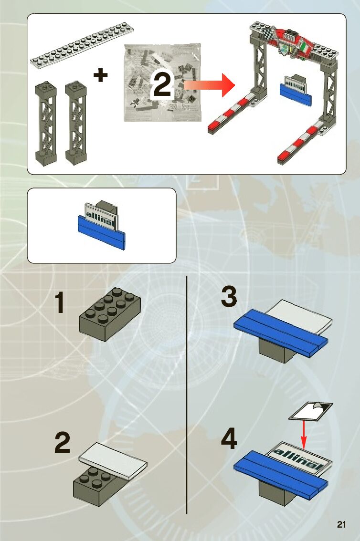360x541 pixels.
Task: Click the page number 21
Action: pos(340,524)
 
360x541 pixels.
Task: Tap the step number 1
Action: pos(59,303)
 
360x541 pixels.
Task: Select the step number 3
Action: pos(229,297)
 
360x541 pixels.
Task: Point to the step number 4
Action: pos(229,440)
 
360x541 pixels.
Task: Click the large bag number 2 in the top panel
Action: pos(162,86)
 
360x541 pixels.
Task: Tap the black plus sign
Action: pos(100,75)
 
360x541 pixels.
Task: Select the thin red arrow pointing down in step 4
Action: pos(303,433)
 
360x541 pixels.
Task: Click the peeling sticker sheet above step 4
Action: pos(310,411)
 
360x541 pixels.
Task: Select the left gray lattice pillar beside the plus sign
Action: pos(46,122)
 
